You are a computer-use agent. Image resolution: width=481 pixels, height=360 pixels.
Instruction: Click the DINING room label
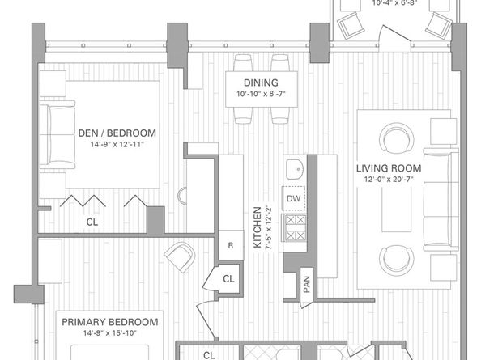pyautogui.click(x=261, y=83)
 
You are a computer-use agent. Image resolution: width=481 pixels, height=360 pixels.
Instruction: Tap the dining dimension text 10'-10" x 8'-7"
pyautogui.click(x=261, y=95)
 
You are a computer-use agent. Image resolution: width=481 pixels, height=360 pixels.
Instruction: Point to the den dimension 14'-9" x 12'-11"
pyautogui.click(x=117, y=146)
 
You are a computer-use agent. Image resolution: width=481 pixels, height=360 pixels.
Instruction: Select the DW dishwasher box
pyautogui.click(x=293, y=197)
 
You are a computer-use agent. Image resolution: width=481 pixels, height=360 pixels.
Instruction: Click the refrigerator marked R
pyautogui.click(x=230, y=244)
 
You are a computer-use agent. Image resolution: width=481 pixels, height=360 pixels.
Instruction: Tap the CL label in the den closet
pyautogui.click(x=93, y=220)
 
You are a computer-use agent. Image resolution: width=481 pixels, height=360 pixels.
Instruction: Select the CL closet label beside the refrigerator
pyautogui.click(x=229, y=279)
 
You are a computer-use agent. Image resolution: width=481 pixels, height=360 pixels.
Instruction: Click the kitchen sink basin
pyautogui.click(x=294, y=171)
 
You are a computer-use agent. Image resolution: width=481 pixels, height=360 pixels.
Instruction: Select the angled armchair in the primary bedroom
pyautogui.click(x=179, y=257)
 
